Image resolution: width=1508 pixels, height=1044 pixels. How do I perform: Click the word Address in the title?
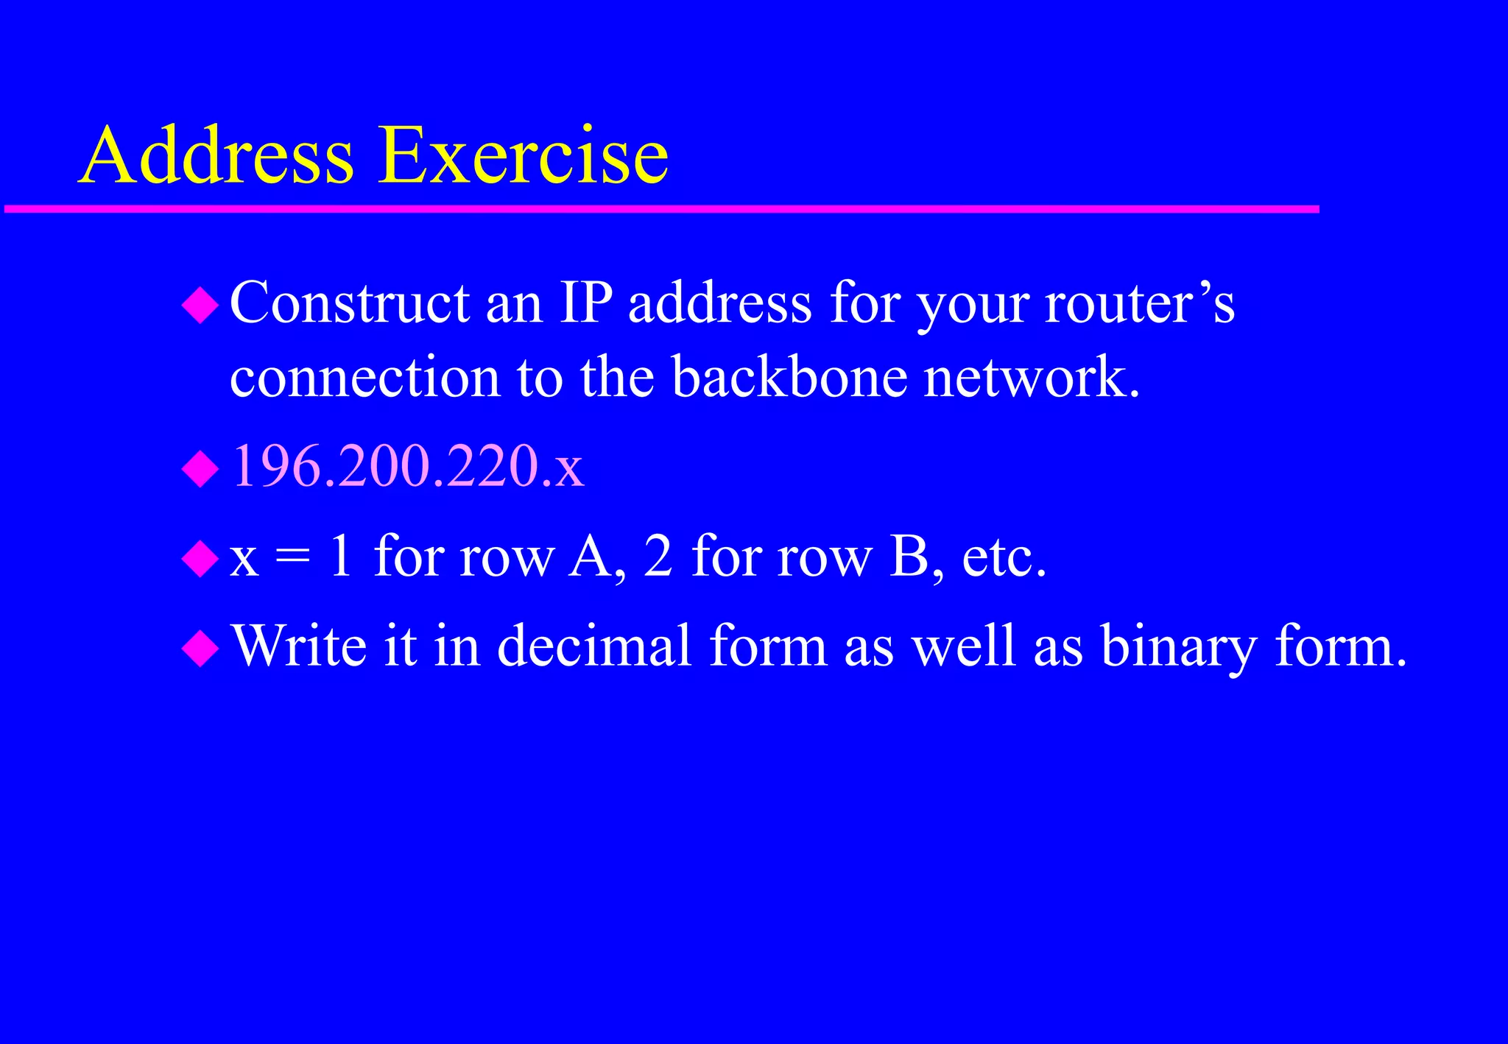pyautogui.click(x=216, y=155)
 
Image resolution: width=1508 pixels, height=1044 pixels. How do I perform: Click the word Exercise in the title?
pyautogui.click(x=523, y=155)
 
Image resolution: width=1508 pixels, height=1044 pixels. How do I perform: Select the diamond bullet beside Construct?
pyautogui.click(x=200, y=306)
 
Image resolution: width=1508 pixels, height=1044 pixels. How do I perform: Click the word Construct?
pyautogui.click(x=350, y=303)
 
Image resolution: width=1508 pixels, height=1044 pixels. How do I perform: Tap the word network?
pyautogui.click(x=1031, y=377)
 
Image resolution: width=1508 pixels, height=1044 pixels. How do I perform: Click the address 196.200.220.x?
pyautogui.click(x=408, y=466)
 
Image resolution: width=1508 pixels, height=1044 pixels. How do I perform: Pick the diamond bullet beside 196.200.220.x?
pyautogui.click(x=200, y=469)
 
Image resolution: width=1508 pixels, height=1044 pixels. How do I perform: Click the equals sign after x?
pyautogui.click(x=293, y=558)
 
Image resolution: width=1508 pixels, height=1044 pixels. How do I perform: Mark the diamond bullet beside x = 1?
pyautogui.click(x=200, y=559)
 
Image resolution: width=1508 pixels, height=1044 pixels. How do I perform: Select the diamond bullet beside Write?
pyautogui.click(x=200, y=649)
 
